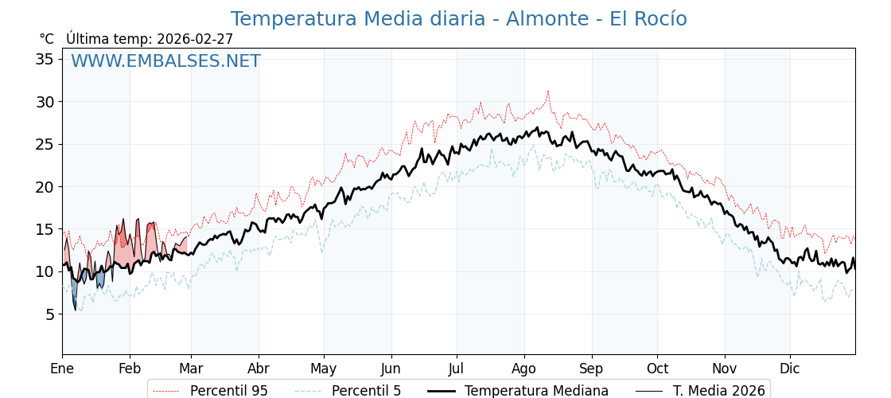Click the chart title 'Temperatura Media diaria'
coord(458,19)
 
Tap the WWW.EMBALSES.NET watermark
coord(165,61)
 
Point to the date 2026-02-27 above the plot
coord(195,39)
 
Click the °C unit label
coord(46,39)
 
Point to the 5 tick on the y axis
coord(49,314)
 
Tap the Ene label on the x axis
coord(62,369)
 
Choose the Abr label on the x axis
coord(259,369)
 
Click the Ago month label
coord(524,369)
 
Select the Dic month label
coord(790,369)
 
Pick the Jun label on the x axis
coord(391,369)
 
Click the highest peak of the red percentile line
coord(548,91)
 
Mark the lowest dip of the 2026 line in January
coord(76,309)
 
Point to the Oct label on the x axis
coord(657,369)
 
